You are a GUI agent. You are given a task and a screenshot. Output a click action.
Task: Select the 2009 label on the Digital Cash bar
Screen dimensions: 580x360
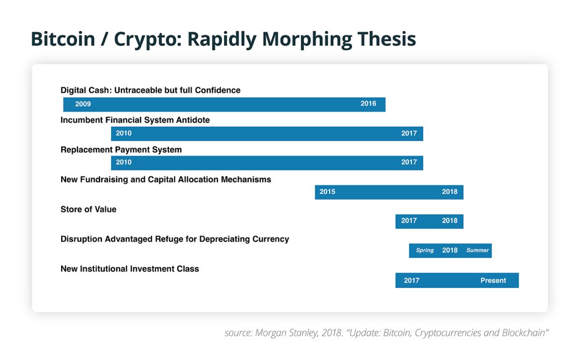coord(83,104)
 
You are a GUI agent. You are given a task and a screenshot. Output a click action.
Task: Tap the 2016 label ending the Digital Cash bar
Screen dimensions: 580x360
coord(368,104)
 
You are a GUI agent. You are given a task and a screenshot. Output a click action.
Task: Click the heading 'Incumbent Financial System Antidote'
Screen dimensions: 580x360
coord(135,120)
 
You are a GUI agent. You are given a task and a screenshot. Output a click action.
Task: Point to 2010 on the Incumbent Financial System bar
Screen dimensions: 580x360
coord(124,133)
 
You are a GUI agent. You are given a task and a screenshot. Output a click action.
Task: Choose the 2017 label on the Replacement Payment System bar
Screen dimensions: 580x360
coord(409,162)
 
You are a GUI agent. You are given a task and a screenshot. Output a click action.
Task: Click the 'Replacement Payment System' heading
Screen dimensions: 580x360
coord(121,150)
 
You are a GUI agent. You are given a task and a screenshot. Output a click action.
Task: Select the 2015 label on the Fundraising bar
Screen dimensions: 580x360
coord(328,192)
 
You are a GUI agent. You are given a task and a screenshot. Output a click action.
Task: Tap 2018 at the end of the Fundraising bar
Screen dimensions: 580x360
coord(450,192)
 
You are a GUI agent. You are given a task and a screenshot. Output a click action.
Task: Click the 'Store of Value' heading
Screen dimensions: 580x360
coord(89,210)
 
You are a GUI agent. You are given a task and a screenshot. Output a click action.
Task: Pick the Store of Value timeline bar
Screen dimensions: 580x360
coord(429,221)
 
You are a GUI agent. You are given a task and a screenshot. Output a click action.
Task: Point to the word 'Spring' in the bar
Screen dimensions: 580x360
coord(425,250)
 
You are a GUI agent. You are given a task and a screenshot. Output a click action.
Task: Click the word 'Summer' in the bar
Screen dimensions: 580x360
coord(477,250)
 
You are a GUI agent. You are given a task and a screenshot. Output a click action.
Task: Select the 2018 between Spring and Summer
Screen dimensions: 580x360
coord(450,250)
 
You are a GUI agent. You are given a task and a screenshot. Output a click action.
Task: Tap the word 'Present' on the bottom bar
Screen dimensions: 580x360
coord(493,280)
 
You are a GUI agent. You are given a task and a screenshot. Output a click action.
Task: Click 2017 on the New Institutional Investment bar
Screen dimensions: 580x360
coord(412,280)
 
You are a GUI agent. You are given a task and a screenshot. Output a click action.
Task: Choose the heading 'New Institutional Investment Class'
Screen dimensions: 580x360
coord(130,269)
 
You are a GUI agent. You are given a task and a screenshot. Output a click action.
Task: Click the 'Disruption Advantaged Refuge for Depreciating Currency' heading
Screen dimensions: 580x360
coord(175,239)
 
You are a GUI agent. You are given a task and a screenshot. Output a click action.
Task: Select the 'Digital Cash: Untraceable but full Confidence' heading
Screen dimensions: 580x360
coord(150,90)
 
